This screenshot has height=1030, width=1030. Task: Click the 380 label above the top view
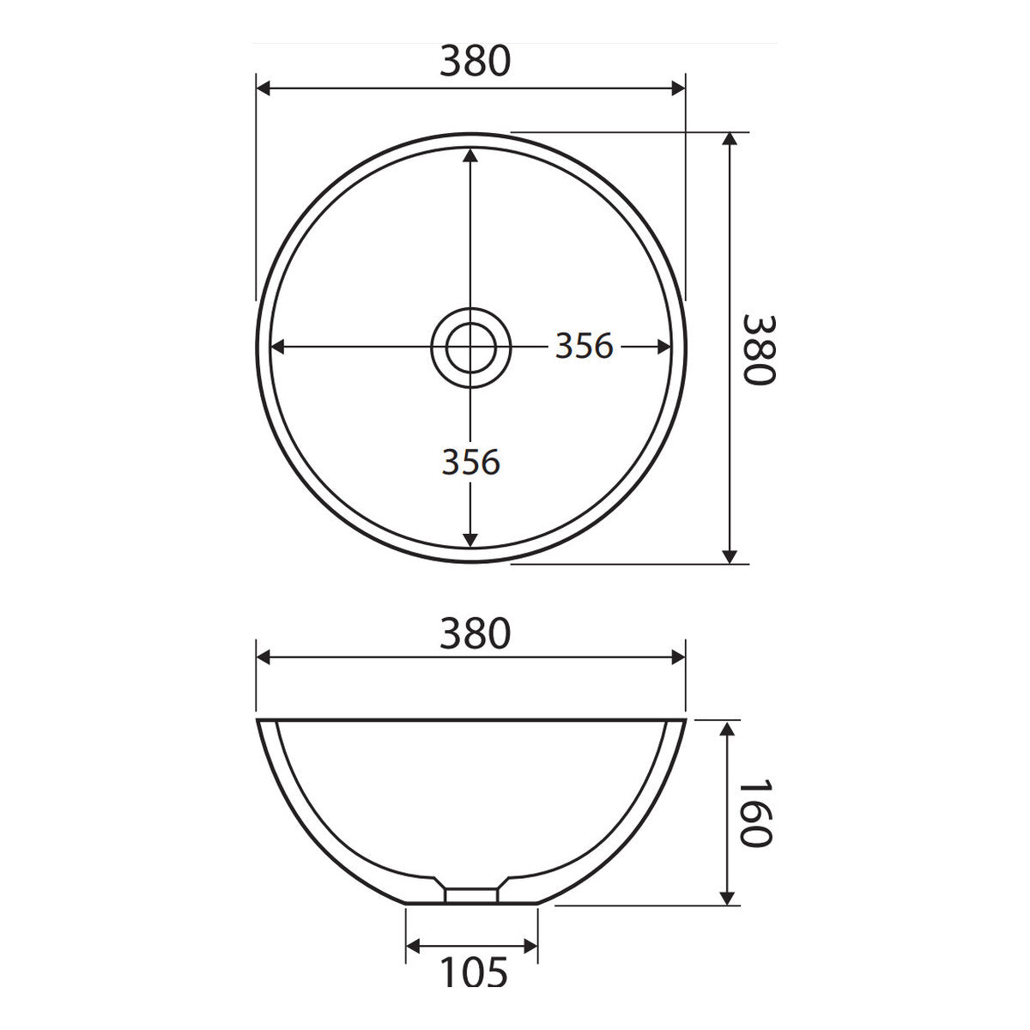(x=476, y=61)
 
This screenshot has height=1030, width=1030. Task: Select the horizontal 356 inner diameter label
(x=584, y=346)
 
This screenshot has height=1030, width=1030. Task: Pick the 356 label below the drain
(x=470, y=462)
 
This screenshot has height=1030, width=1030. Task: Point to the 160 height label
(x=755, y=813)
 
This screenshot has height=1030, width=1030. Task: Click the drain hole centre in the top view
(x=471, y=348)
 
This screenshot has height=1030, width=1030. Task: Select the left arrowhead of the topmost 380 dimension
(x=264, y=88)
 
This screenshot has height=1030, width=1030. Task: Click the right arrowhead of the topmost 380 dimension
(x=678, y=88)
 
